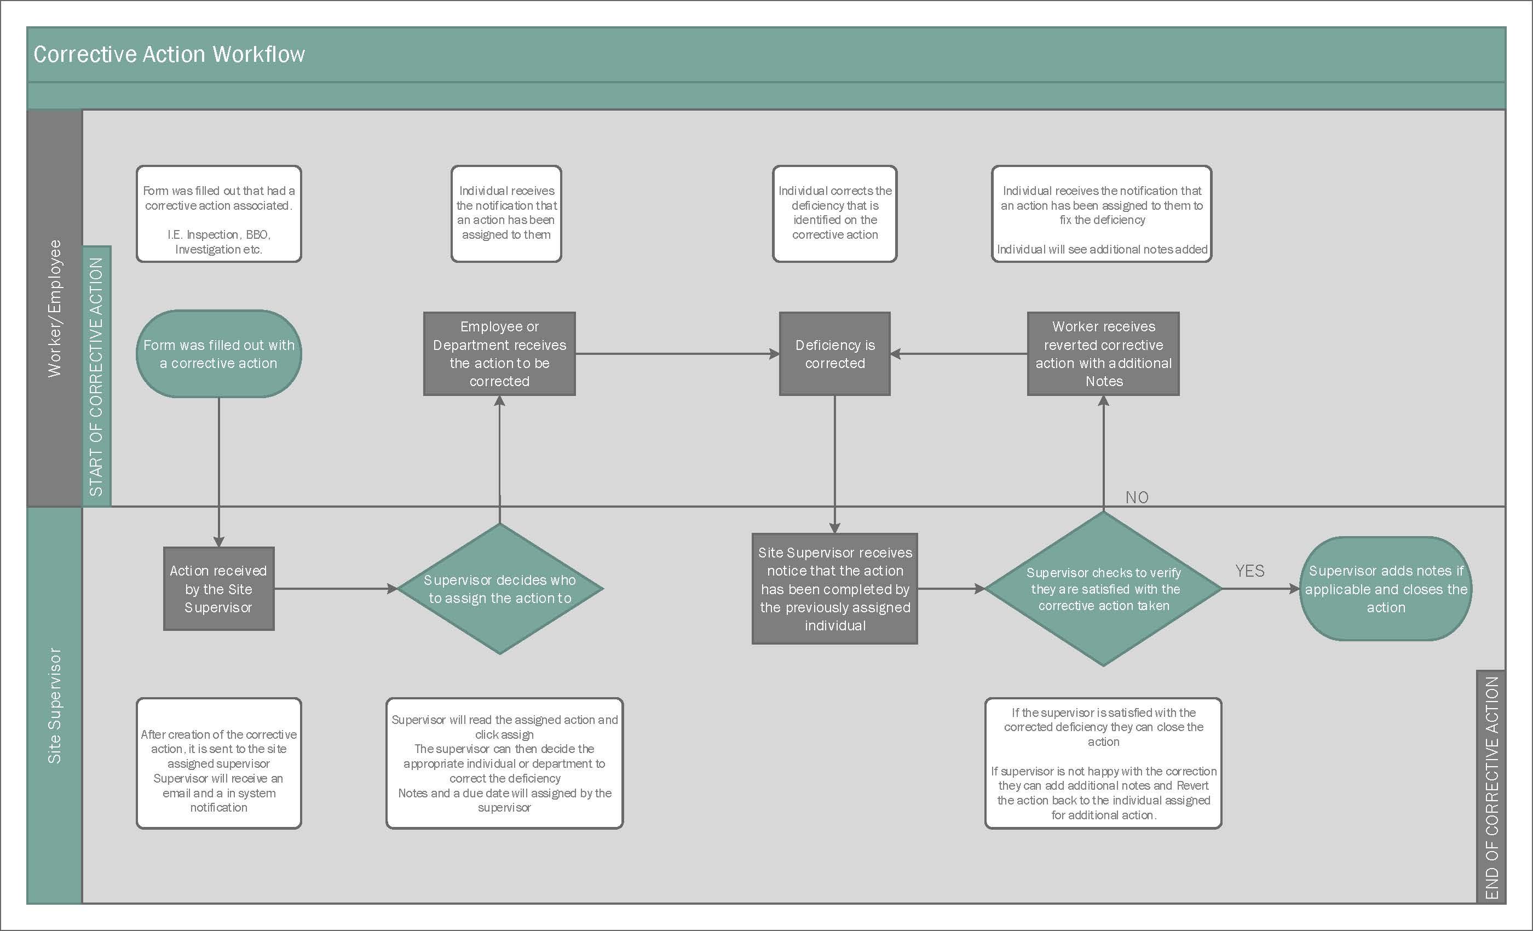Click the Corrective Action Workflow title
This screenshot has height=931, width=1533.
169,54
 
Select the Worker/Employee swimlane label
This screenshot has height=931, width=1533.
55,308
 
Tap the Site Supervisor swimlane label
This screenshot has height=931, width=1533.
55,705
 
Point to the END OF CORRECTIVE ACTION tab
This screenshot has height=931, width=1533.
1491,788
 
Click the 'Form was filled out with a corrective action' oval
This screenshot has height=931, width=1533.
219,353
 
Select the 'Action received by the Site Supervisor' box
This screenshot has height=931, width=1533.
219,589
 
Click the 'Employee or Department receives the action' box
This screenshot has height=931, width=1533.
499,353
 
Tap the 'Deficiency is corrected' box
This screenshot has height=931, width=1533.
835,353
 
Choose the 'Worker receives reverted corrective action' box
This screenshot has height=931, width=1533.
1104,353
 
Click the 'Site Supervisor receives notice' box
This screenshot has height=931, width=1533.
835,589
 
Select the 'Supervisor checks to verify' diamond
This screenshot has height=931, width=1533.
1104,589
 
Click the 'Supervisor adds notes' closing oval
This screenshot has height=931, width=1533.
1386,589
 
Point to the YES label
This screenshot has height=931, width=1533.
1250,571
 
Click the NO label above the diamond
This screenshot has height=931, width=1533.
1137,497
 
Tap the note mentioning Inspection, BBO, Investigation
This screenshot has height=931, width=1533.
219,214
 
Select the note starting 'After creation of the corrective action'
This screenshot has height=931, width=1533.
219,763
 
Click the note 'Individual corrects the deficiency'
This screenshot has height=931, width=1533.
835,214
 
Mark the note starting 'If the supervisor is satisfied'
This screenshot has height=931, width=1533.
1104,763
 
